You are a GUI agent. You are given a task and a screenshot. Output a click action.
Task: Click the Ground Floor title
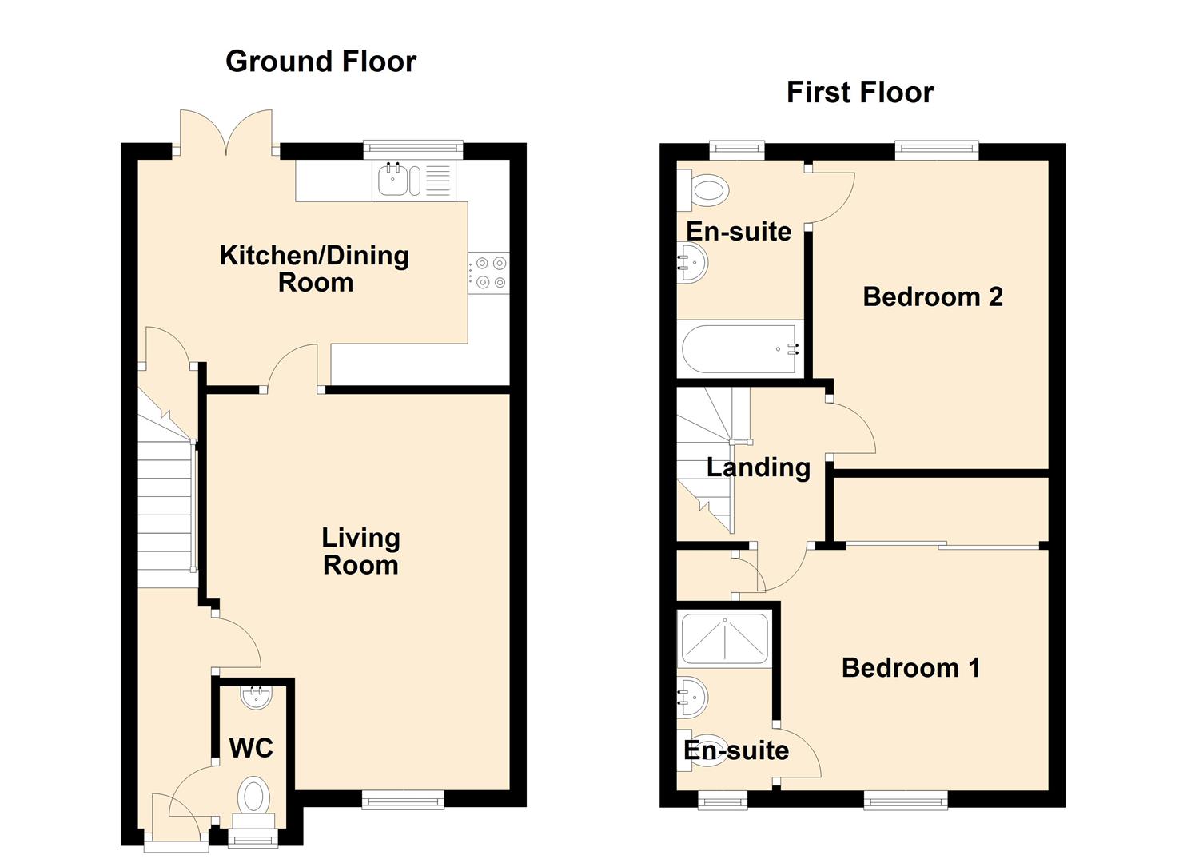click(321, 62)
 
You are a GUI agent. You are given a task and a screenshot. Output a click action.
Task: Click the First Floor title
click(859, 93)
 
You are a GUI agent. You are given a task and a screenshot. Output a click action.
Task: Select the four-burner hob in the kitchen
click(488, 272)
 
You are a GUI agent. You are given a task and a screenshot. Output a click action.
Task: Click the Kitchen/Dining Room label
click(314, 268)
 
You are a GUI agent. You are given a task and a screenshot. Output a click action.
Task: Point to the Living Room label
click(360, 551)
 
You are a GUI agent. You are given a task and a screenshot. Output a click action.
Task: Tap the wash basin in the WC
click(257, 697)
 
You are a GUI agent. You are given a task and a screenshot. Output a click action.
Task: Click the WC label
click(251, 749)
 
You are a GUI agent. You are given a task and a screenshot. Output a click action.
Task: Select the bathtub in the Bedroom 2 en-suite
click(739, 349)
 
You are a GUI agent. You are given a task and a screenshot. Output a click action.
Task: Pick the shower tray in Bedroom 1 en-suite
click(723, 639)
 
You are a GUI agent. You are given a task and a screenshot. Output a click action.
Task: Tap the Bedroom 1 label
click(910, 667)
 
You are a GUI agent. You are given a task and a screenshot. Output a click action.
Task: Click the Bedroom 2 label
click(932, 297)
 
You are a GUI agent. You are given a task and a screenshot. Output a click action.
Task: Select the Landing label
click(758, 467)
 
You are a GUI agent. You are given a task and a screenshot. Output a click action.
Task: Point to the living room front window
click(403, 799)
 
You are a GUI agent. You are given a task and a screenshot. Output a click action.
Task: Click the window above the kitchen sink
click(412, 149)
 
